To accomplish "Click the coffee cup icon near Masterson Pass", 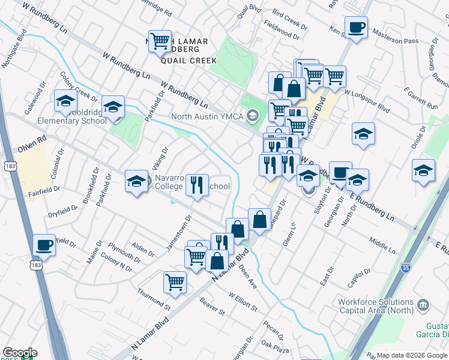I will (x=357, y=28).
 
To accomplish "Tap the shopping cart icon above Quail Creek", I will (x=160, y=41).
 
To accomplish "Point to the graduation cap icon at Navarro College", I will (x=136, y=181).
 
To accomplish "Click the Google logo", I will (x=20, y=352).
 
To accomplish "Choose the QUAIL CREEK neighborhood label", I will (x=184, y=60).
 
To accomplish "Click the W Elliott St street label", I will (x=243, y=301).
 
